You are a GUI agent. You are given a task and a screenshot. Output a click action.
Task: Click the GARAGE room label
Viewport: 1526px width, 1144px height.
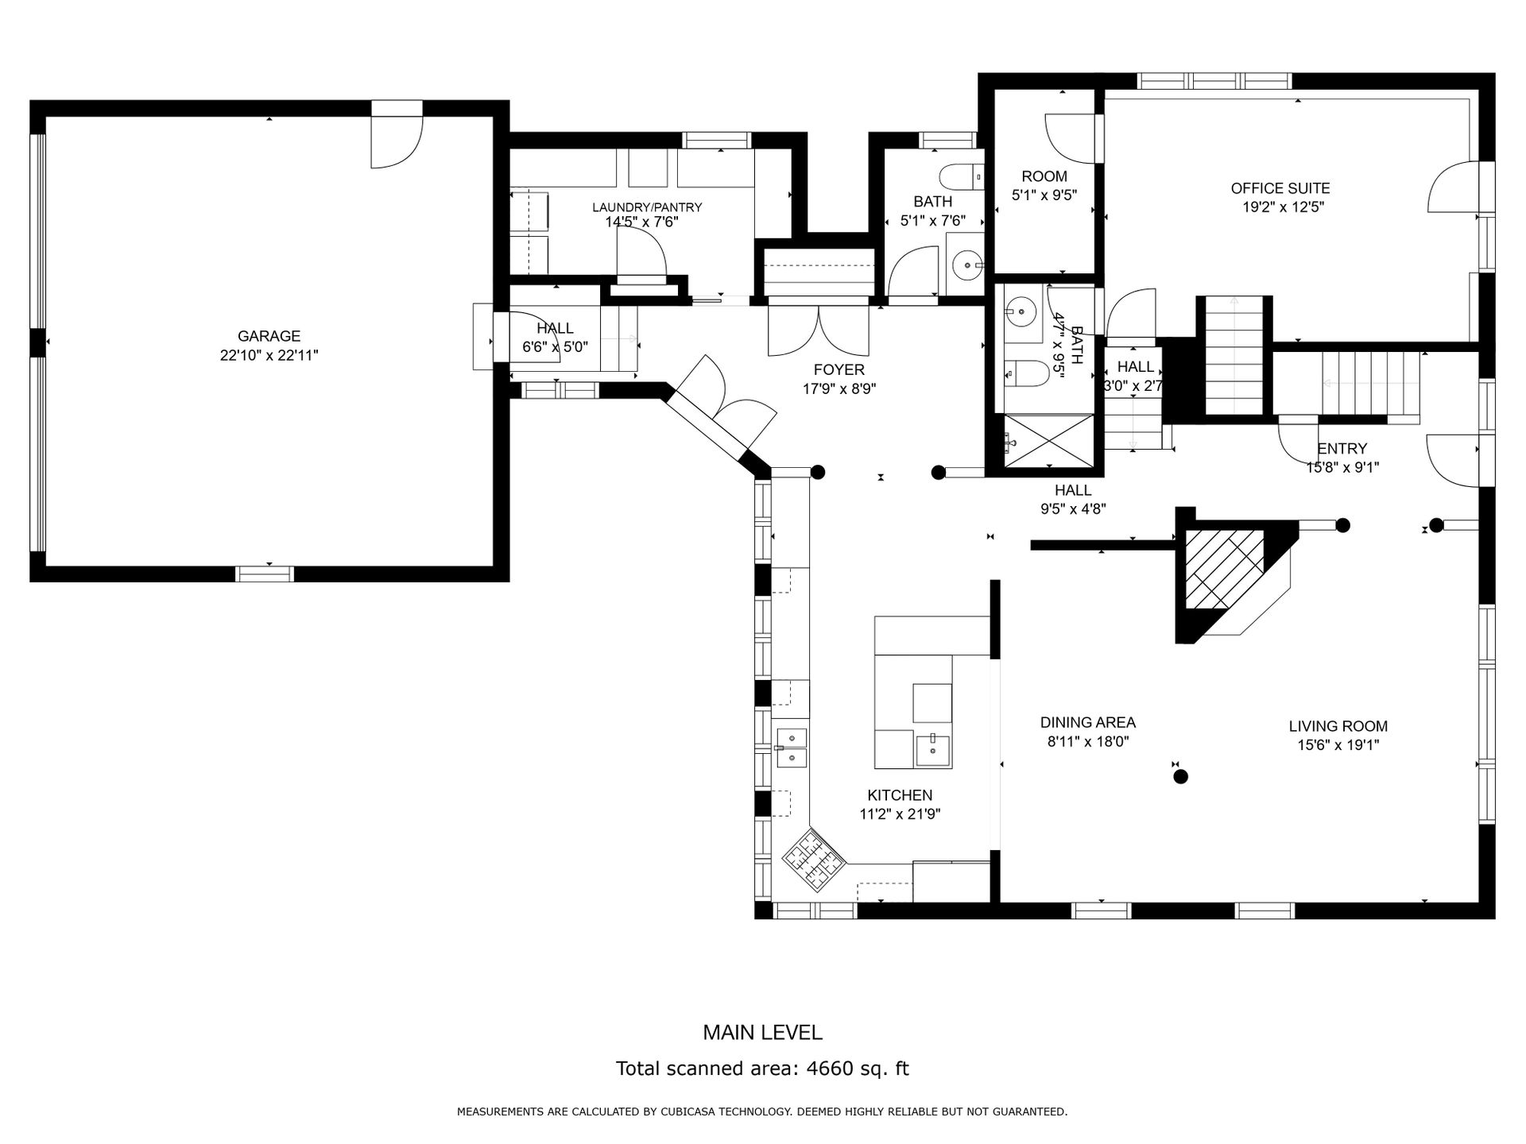point(269,336)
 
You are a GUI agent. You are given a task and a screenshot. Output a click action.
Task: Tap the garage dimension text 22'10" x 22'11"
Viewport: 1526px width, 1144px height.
point(269,356)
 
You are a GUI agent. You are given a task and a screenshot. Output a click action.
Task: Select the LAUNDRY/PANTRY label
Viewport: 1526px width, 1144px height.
point(647,207)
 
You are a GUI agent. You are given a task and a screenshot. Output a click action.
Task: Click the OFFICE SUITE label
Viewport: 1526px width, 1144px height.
point(1280,188)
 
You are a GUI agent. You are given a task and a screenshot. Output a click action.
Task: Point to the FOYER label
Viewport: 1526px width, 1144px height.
point(839,369)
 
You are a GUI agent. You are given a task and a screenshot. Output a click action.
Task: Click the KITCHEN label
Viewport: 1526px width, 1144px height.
point(900,795)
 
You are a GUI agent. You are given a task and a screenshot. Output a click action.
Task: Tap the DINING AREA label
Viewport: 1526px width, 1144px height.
point(1088,722)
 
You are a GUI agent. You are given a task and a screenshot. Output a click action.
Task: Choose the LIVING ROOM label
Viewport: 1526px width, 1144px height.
point(1338,726)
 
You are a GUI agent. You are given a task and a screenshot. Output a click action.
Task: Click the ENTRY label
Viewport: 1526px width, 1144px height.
point(1342,448)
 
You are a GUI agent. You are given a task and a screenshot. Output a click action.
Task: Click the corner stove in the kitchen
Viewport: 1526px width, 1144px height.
point(813,859)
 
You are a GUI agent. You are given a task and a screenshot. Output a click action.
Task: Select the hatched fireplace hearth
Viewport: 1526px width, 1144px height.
point(1224,569)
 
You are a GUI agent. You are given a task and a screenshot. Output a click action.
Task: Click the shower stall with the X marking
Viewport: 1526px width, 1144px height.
point(1048,441)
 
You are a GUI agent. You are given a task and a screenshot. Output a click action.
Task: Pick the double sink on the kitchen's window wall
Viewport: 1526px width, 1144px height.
point(235,748)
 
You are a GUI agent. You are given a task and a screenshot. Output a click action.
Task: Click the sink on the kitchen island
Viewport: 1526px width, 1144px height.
point(933,749)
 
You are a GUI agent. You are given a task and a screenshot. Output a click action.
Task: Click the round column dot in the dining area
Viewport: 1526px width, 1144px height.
point(1181,776)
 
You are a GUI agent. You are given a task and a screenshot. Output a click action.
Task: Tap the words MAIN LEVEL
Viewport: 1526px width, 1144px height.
point(762,1032)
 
